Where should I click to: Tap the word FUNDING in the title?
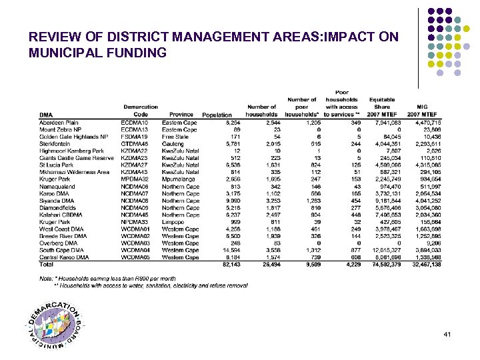(137, 53)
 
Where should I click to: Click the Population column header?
(217, 115)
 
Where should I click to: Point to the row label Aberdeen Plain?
(59, 123)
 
